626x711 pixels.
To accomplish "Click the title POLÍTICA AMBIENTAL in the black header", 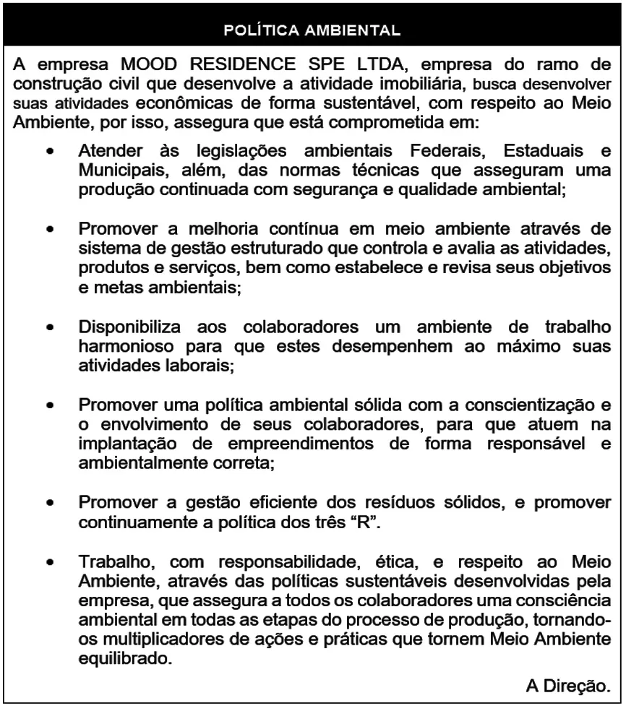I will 312,31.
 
